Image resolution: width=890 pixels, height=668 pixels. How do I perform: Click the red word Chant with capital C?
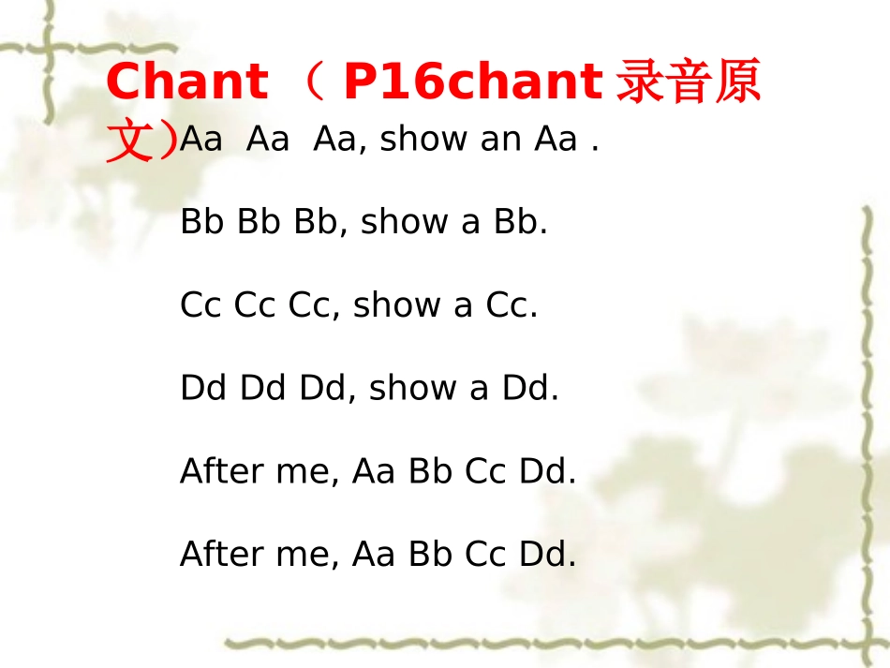pos(186,82)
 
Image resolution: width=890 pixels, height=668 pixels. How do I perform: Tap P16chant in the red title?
pos(471,82)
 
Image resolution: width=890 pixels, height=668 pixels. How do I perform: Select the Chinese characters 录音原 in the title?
pos(688,82)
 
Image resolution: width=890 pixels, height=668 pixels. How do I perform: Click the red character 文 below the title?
pos(130,141)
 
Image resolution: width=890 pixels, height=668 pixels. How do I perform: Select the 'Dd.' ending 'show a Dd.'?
pos(530,387)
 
